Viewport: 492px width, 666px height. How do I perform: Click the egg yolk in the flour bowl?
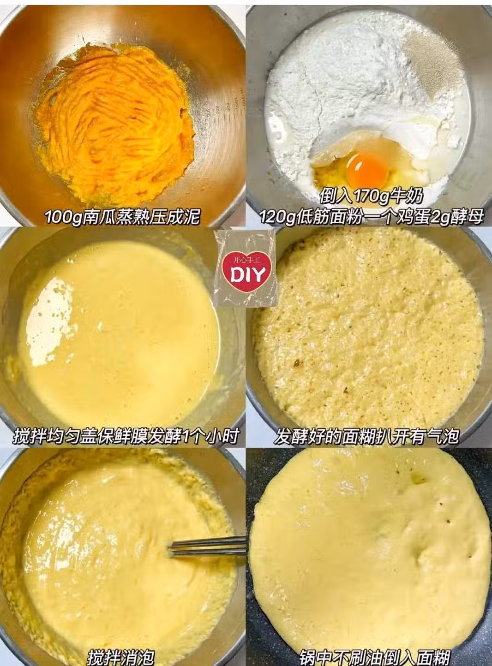coord(367,170)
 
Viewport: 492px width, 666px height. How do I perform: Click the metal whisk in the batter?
coord(207,547)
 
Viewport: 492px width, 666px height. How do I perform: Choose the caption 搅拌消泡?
coord(121,656)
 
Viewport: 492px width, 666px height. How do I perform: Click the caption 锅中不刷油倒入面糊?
coord(374,657)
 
